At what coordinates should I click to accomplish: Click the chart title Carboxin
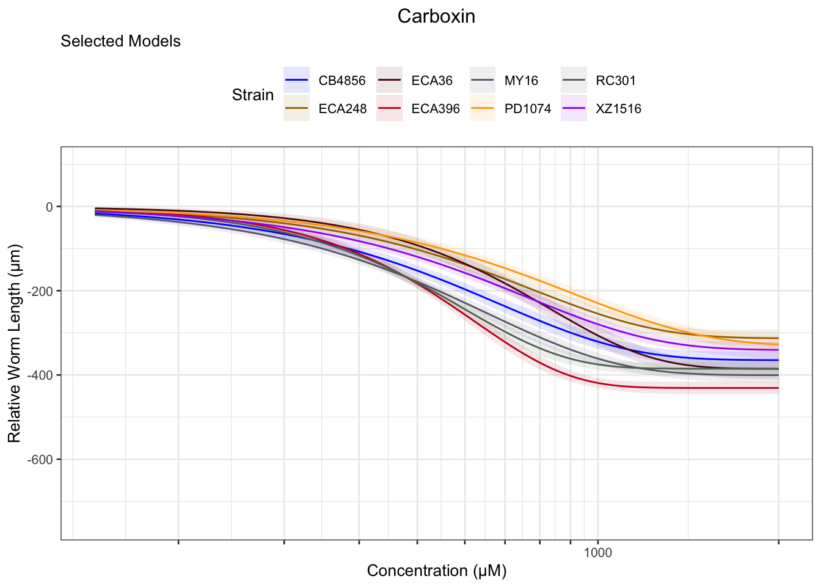tap(436, 16)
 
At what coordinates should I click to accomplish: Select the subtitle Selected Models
tap(120, 41)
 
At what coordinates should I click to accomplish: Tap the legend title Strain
tap(252, 95)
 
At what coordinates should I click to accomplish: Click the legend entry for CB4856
tap(341, 81)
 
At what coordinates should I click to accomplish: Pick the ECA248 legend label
tap(342, 109)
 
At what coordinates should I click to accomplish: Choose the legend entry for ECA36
tap(432, 81)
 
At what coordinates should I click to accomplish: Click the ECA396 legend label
tap(435, 109)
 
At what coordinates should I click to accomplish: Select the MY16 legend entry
tap(521, 81)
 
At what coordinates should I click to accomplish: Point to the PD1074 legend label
tap(527, 109)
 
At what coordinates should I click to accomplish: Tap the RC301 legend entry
tap(615, 81)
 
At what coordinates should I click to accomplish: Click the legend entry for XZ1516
tap(618, 109)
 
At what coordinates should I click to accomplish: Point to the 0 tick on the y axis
tap(49, 207)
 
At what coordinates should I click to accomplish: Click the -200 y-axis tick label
tap(42, 291)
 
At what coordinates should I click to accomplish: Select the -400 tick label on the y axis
tap(42, 375)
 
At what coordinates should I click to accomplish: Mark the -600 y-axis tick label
tap(42, 459)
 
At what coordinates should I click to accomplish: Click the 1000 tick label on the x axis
tap(597, 553)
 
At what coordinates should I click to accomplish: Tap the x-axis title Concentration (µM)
tap(436, 570)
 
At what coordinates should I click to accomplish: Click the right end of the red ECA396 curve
tap(778, 388)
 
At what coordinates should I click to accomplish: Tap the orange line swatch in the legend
tap(481, 109)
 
